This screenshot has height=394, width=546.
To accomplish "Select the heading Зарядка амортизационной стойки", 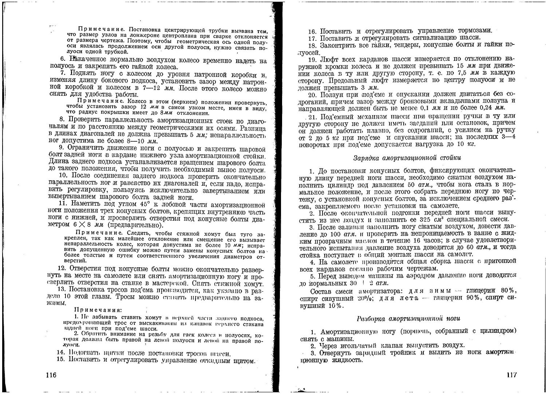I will (x=407, y=158).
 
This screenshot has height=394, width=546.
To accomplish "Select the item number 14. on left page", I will (x=61, y=353).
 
